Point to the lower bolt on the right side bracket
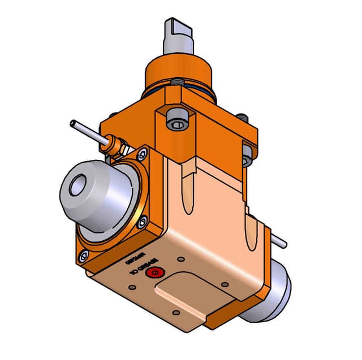(x=247, y=161)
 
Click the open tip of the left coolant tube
(x=72, y=123)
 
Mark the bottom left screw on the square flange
(x=84, y=256)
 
